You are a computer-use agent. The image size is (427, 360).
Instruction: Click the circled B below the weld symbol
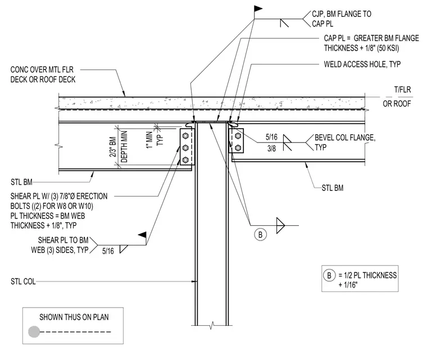click(260, 234)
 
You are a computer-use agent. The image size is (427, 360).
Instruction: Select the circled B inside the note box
click(329, 275)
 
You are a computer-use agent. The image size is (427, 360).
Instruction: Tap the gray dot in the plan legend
click(34, 332)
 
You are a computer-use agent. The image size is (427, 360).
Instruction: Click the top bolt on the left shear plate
click(185, 135)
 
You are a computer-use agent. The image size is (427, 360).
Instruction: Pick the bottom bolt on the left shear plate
click(185, 160)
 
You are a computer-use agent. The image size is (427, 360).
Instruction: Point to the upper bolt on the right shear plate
click(238, 135)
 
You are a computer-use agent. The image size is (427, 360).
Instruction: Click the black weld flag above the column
click(258, 9)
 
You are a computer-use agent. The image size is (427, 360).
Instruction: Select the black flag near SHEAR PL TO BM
click(142, 235)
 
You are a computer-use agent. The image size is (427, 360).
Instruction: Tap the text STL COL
click(23, 281)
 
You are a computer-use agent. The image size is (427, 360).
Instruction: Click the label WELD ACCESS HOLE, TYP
click(362, 64)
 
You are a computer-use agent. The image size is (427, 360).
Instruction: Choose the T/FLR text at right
click(402, 90)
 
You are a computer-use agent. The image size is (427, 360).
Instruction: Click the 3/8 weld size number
click(271, 148)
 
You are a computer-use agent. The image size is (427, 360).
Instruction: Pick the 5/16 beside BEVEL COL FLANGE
click(271, 137)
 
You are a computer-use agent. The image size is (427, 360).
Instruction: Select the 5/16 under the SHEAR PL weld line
click(108, 251)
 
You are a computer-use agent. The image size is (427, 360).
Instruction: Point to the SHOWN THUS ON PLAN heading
click(74, 317)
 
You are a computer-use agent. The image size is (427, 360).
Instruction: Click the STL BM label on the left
click(21, 182)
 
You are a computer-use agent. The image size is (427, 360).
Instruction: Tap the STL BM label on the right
click(333, 188)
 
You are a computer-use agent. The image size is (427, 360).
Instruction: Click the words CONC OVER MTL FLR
click(42, 70)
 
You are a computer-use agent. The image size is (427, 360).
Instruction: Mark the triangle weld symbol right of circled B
click(280, 225)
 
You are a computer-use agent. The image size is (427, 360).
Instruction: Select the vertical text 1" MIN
click(149, 140)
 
